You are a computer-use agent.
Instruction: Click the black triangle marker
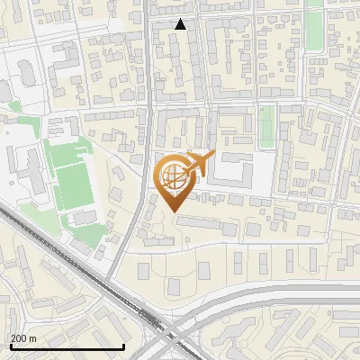[x=181, y=24]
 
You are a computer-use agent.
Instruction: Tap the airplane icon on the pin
[x=198, y=164]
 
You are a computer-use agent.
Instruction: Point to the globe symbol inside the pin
[x=173, y=175]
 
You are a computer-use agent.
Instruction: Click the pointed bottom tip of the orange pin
[x=173, y=211]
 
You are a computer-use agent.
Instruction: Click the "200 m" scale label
[x=22, y=338]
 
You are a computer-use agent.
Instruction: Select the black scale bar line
[x=67, y=346]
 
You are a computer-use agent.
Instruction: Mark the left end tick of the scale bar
[x=10, y=345]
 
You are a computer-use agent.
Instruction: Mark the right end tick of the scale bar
[x=123, y=345]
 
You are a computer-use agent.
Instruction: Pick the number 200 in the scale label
[x=19, y=338]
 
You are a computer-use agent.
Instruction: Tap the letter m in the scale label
[x=32, y=338]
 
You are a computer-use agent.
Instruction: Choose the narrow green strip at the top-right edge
[x=314, y=27]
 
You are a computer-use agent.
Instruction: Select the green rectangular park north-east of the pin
[x=266, y=127]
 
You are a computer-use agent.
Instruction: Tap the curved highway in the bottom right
[x=270, y=297]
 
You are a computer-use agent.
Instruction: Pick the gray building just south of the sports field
[x=83, y=218]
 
